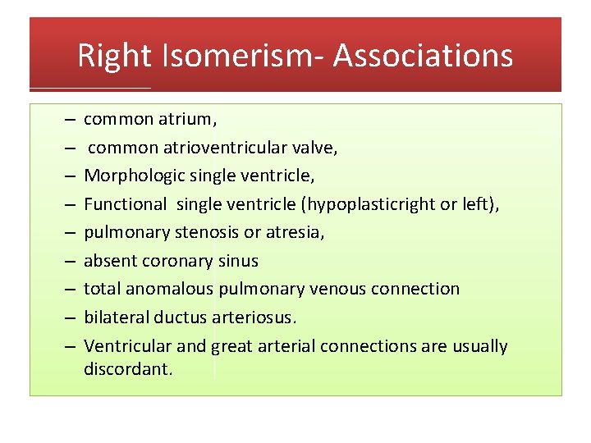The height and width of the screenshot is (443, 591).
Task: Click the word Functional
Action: point(125,204)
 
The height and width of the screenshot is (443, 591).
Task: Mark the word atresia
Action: point(297,232)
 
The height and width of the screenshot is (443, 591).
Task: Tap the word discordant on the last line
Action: point(127,369)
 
